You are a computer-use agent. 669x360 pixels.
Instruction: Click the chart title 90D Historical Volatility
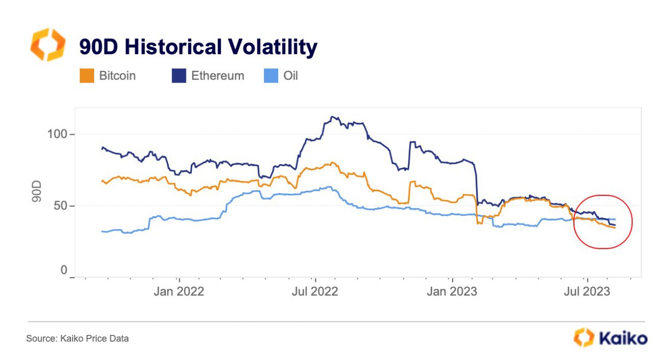pyautogui.click(x=198, y=47)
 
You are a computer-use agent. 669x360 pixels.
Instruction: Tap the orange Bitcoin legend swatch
pyautogui.click(x=86, y=76)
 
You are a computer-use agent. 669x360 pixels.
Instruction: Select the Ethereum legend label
pyautogui.click(x=217, y=76)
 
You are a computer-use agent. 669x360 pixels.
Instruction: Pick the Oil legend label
pyautogui.click(x=290, y=76)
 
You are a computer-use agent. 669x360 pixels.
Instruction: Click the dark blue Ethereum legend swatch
pyautogui.click(x=179, y=76)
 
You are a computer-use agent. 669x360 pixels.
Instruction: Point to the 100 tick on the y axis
pyautogui.click(x=57, y=134)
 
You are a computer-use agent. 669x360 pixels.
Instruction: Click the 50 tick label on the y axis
pyautogui.click(x=61, y=205)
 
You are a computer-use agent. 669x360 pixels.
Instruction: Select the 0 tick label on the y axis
pyautogui.click(x=64, y=270)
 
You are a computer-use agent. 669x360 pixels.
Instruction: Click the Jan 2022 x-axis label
pyautogui.click(x=179, y=291)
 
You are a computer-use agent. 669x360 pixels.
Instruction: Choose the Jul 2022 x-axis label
pyautogui.click(x=315, y=291)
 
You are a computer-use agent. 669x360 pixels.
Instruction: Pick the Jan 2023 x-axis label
pyautogui.click(x=452, y=291)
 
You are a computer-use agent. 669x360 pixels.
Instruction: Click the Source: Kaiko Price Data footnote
pyautogui.click(x=77, y=339)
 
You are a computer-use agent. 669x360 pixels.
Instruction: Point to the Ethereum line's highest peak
pyautogui.click(x=332, y=117)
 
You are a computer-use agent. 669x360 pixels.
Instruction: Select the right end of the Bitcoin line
pyautogui.click(x=615, y=228)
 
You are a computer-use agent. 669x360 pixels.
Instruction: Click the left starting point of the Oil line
pyautogui.click(x=102, y=231)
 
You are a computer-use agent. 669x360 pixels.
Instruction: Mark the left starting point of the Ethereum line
pyautogui.click(x=102, y=148)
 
